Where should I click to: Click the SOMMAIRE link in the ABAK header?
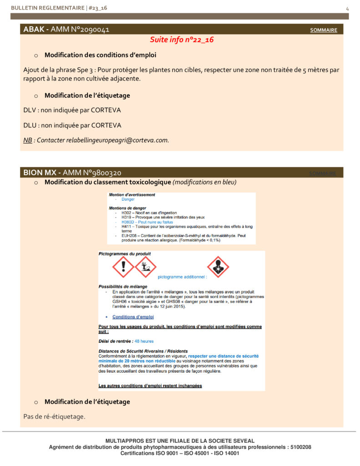tap(324, 30)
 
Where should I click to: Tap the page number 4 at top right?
tap(347, 9)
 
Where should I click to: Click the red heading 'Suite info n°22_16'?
tap(182, 40)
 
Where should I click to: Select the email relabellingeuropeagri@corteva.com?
tap(117, 140)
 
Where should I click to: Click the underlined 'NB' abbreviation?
tap(27, 140)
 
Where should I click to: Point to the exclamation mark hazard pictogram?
tap(123, 267)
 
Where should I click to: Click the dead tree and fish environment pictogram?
tap(146, 267)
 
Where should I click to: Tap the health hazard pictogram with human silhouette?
tap(218, 267)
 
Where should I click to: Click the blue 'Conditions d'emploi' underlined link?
tap(133, 317)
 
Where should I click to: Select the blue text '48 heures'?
tap(144, 341)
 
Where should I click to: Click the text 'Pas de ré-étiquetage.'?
tap(54, 416)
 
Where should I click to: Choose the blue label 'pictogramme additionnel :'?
tap(182, 276)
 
